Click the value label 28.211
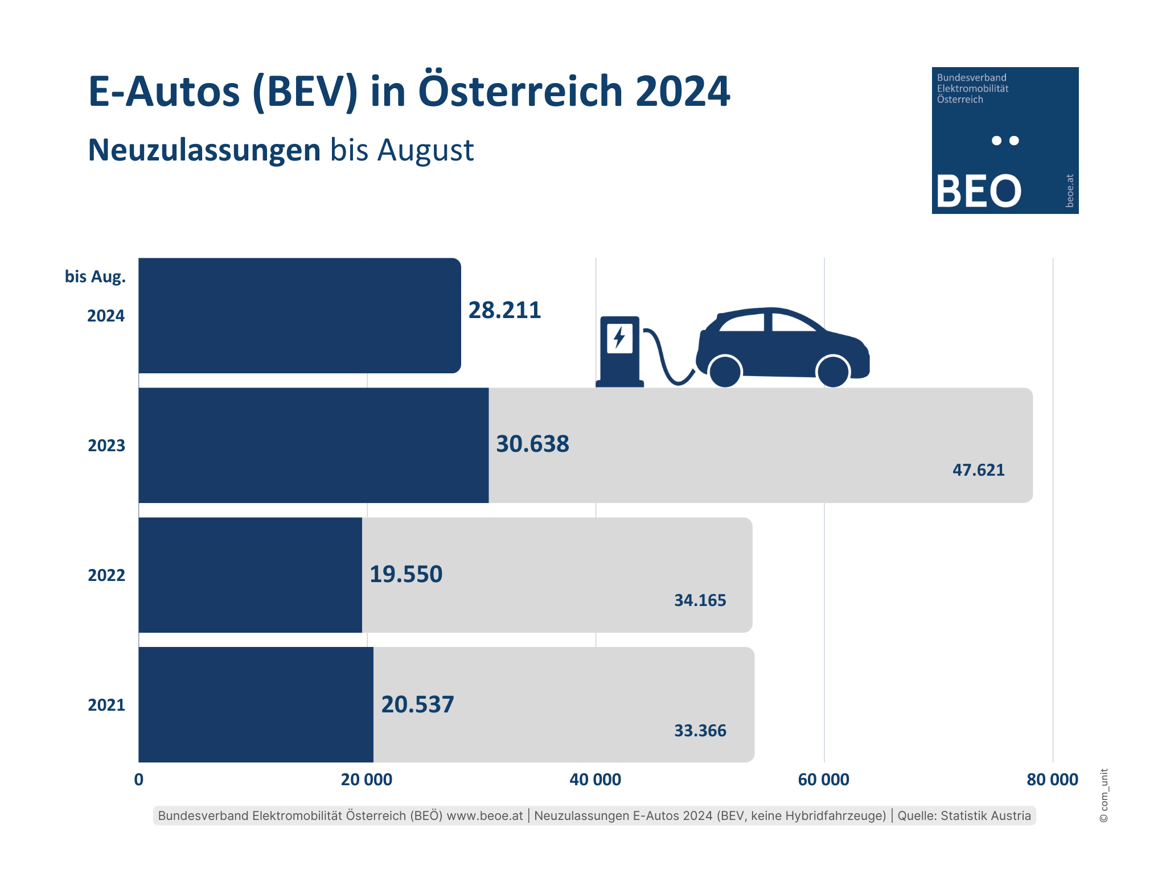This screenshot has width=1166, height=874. [504, 310]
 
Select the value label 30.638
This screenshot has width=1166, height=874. [532, 444]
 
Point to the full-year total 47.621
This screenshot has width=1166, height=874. [978, 470]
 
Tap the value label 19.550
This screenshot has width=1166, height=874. [406, 574]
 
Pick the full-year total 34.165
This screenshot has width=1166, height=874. [700, 600]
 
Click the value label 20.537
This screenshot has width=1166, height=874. [417, 704]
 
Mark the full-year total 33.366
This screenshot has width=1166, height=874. [700, 731]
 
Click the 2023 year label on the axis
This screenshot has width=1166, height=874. [106, 446]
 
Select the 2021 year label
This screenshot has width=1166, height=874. [106, 705]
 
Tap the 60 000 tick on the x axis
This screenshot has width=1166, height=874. [823, 780]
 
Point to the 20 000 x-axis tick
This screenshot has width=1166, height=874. [367, 780]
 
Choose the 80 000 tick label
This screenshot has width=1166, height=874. [1052, 780]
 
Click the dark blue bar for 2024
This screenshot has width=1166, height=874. [299, 316]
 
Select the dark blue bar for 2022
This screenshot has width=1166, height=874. [250, 575]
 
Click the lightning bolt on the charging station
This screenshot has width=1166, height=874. [619, 337]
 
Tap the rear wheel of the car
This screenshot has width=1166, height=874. [725, 372]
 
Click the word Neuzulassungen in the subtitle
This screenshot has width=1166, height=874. [204, 150]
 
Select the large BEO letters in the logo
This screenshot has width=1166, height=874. [979, 191]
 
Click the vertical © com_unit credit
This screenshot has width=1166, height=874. [1103, 795]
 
